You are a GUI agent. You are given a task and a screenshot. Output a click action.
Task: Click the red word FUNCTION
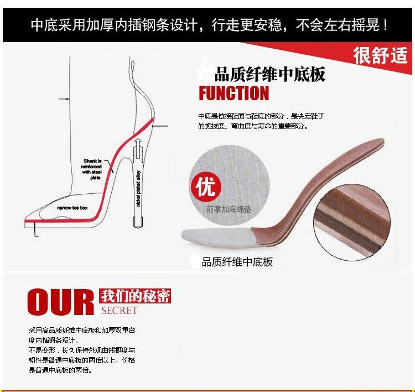234,94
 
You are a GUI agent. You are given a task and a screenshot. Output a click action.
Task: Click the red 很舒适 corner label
381,56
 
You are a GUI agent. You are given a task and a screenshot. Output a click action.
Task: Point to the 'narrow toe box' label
72,207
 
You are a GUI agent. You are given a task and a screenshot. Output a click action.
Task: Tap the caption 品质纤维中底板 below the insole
237,262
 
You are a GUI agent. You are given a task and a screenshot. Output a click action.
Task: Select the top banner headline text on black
207,25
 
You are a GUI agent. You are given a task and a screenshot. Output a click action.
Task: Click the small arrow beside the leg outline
64,99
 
